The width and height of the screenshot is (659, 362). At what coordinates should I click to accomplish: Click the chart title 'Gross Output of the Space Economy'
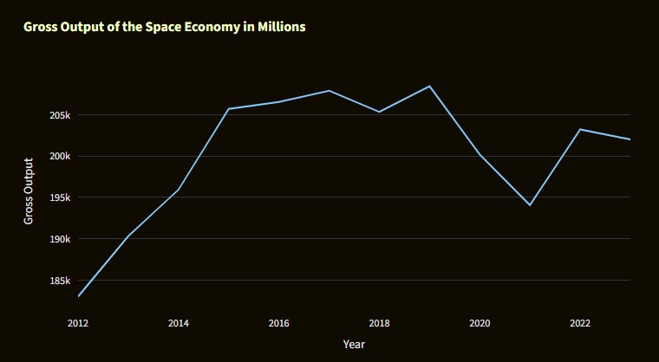pos(164,27)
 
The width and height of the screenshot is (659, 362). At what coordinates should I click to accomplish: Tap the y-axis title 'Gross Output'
pos(29,191)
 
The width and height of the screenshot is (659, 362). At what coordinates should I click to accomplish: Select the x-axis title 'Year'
pos(354,344)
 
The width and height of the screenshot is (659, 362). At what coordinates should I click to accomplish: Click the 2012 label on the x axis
pos(78,323)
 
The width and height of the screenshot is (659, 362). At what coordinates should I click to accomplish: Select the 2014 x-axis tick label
pos(179,323)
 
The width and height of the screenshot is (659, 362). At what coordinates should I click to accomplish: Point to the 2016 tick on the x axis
pos(279,323)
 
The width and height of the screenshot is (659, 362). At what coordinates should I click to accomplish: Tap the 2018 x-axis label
pos(379,323)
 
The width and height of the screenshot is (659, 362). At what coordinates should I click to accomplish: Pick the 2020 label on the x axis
pos(480,323)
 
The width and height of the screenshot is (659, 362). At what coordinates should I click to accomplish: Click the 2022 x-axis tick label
pos(580,323)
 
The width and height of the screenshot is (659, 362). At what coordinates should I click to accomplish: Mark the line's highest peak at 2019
pos(429,86)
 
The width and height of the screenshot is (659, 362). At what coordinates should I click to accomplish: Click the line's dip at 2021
pos(530,205)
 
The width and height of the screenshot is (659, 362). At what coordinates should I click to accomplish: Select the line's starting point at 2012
pos(78,296)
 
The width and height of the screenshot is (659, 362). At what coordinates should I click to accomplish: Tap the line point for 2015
pos(229,109)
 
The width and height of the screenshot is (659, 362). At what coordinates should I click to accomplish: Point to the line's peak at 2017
pos(329,90)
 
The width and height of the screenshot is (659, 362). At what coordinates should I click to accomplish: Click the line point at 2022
pos(580,129)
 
